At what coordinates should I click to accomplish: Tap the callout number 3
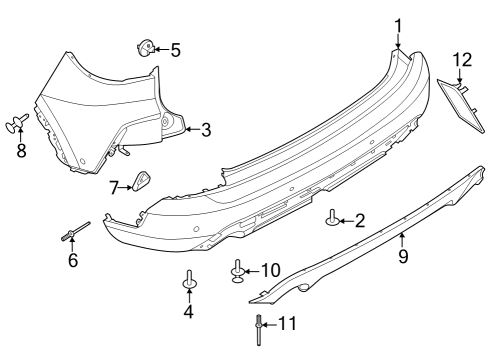[x=206, y=129]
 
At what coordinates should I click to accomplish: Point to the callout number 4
[x=188, y=310]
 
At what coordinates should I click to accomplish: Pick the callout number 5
[x=175, y=49]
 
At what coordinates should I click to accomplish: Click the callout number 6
[x=72, y=260]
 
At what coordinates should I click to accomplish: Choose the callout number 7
[x=114, y=185]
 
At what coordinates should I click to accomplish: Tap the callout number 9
[x=403, y=256]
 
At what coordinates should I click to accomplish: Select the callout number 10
[x=271, y=270]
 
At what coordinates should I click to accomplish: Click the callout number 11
[x=288, y=324]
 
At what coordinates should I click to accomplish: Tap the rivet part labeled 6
[x=74, y=233]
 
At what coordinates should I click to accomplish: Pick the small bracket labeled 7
[x=141, y=181]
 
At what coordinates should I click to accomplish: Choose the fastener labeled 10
[x=239, y=270]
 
